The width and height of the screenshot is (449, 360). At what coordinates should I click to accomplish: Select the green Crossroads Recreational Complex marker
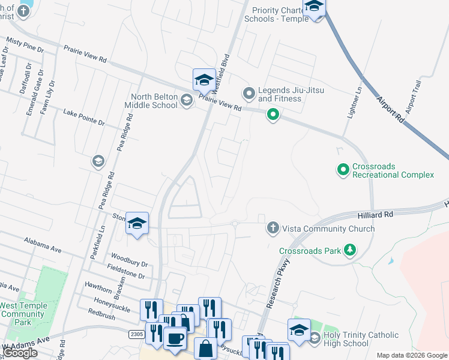(343, 170)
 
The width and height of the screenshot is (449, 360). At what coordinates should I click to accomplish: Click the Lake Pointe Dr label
(84, 117)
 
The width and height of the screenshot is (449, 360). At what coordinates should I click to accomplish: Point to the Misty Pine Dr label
(25, 45)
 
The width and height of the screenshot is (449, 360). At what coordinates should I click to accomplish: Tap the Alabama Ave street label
(43, 244)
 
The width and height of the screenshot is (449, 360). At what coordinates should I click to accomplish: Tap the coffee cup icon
(175, 338)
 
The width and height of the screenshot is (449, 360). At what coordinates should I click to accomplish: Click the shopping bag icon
(205, 347)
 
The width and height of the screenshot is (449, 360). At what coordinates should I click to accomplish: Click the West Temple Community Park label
(22, 314)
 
